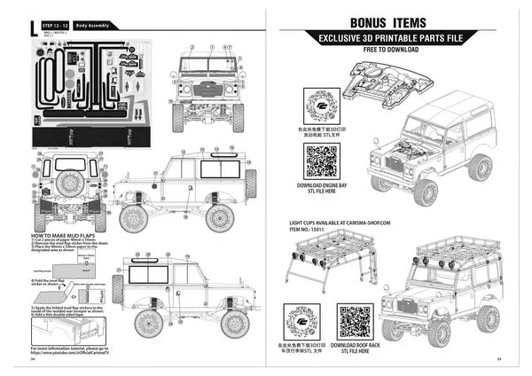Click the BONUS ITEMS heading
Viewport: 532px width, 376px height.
click(x=387, y=22)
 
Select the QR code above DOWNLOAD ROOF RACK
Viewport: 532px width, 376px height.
click(x=355, y=320)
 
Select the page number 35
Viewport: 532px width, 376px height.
click(x=499, y=359)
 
